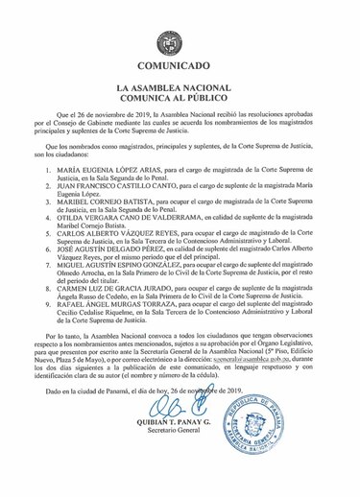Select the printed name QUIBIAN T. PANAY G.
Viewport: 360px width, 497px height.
pos(183,457)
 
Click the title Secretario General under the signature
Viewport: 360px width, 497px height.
pos(183,466)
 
